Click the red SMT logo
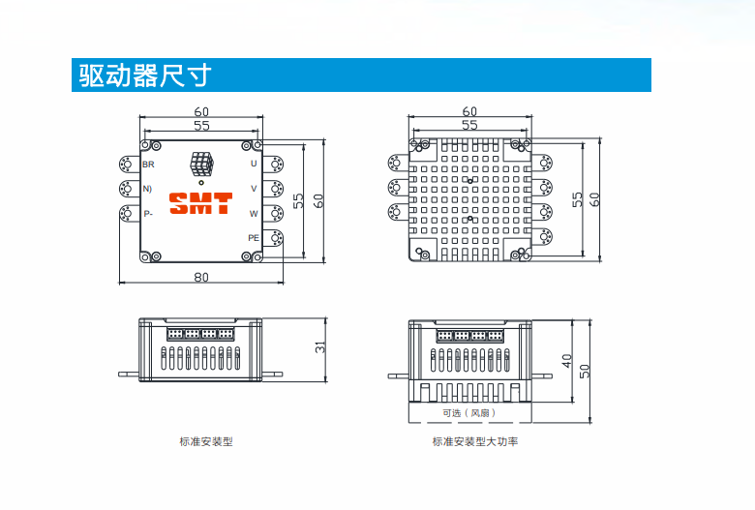click(x=200, y=204)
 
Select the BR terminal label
click(x=148, y=150)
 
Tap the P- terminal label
click(x=148, y=213)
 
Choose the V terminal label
click(x=254, y=188)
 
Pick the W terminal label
click(x=254, y=213)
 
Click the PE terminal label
click(x=253, y=237)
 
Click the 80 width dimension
click(x=200, y=277)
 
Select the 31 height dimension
click(x=320, y=348)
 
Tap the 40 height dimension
click(x=567, y=360)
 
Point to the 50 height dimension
click(x=584, y=371)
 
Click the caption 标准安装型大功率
click(x=475, y=442)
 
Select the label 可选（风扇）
click(x=469, y=412)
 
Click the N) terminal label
click(x=148, y=188)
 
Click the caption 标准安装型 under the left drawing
click(x=206, y=442)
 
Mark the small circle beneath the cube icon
click(x=201, y=181)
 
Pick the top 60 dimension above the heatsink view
click(x=469, y=111)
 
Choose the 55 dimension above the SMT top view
click(x=201, y=126)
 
